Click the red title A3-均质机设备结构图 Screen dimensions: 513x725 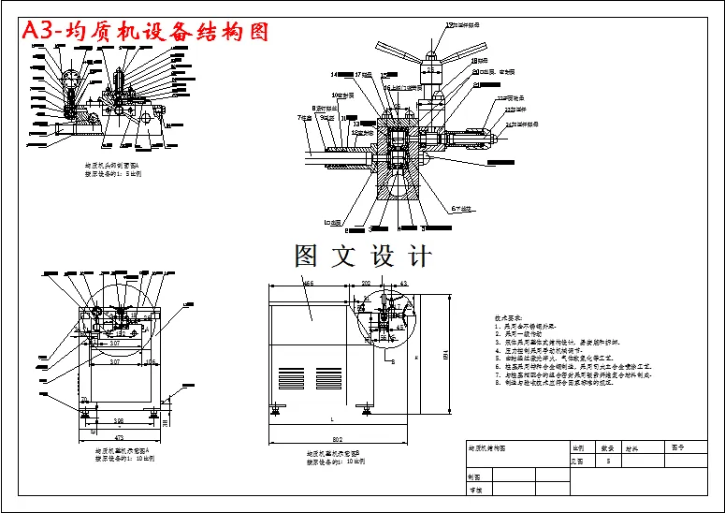tap(146, 31)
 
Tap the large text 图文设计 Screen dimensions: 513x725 tap(363, 256)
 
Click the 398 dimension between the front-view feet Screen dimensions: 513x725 tap(119, 419)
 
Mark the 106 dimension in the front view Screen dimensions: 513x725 tap(150, 360)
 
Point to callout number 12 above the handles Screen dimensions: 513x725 tap(449, 25)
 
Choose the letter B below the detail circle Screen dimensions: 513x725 tap(392, 359)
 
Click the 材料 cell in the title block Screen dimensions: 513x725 tap(632, 449)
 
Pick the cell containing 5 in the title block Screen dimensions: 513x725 tap(609, 462)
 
